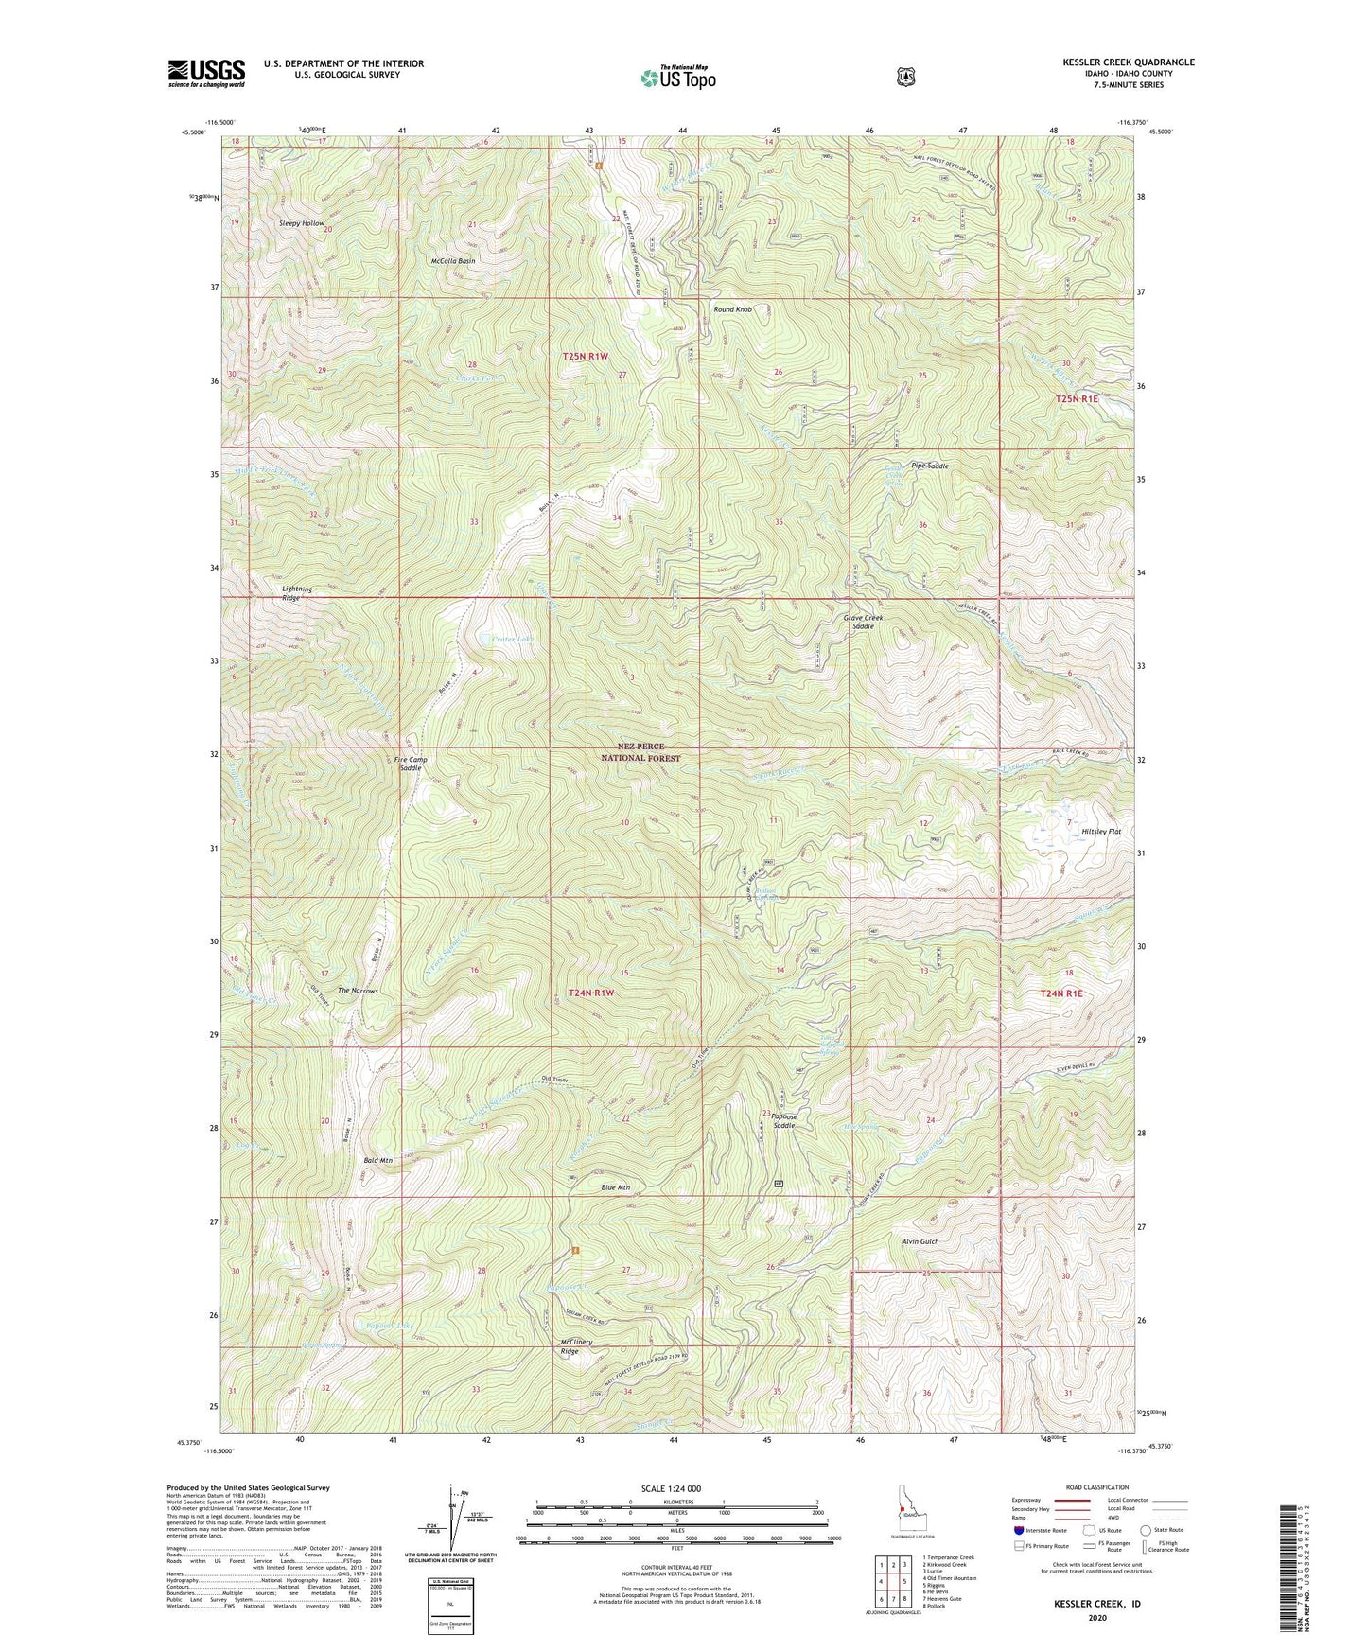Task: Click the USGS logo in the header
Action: click(206, 73)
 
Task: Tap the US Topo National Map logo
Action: click(677, 78)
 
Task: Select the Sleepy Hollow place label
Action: click(301, 223)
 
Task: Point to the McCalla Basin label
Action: click(452, 260)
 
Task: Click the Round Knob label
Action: click(732, 309)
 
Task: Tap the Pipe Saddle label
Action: click(929, 466)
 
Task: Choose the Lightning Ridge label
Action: click(296, 593)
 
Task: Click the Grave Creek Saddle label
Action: click(863, 622)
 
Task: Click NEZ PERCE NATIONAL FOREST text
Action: click(642, 752)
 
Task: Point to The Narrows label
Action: click(358, 991)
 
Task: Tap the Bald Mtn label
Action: click(377, 1160)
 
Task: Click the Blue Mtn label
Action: click(615, 1187)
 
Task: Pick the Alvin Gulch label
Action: click(920, 1241)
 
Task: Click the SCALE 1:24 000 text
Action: click(671, 1489)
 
